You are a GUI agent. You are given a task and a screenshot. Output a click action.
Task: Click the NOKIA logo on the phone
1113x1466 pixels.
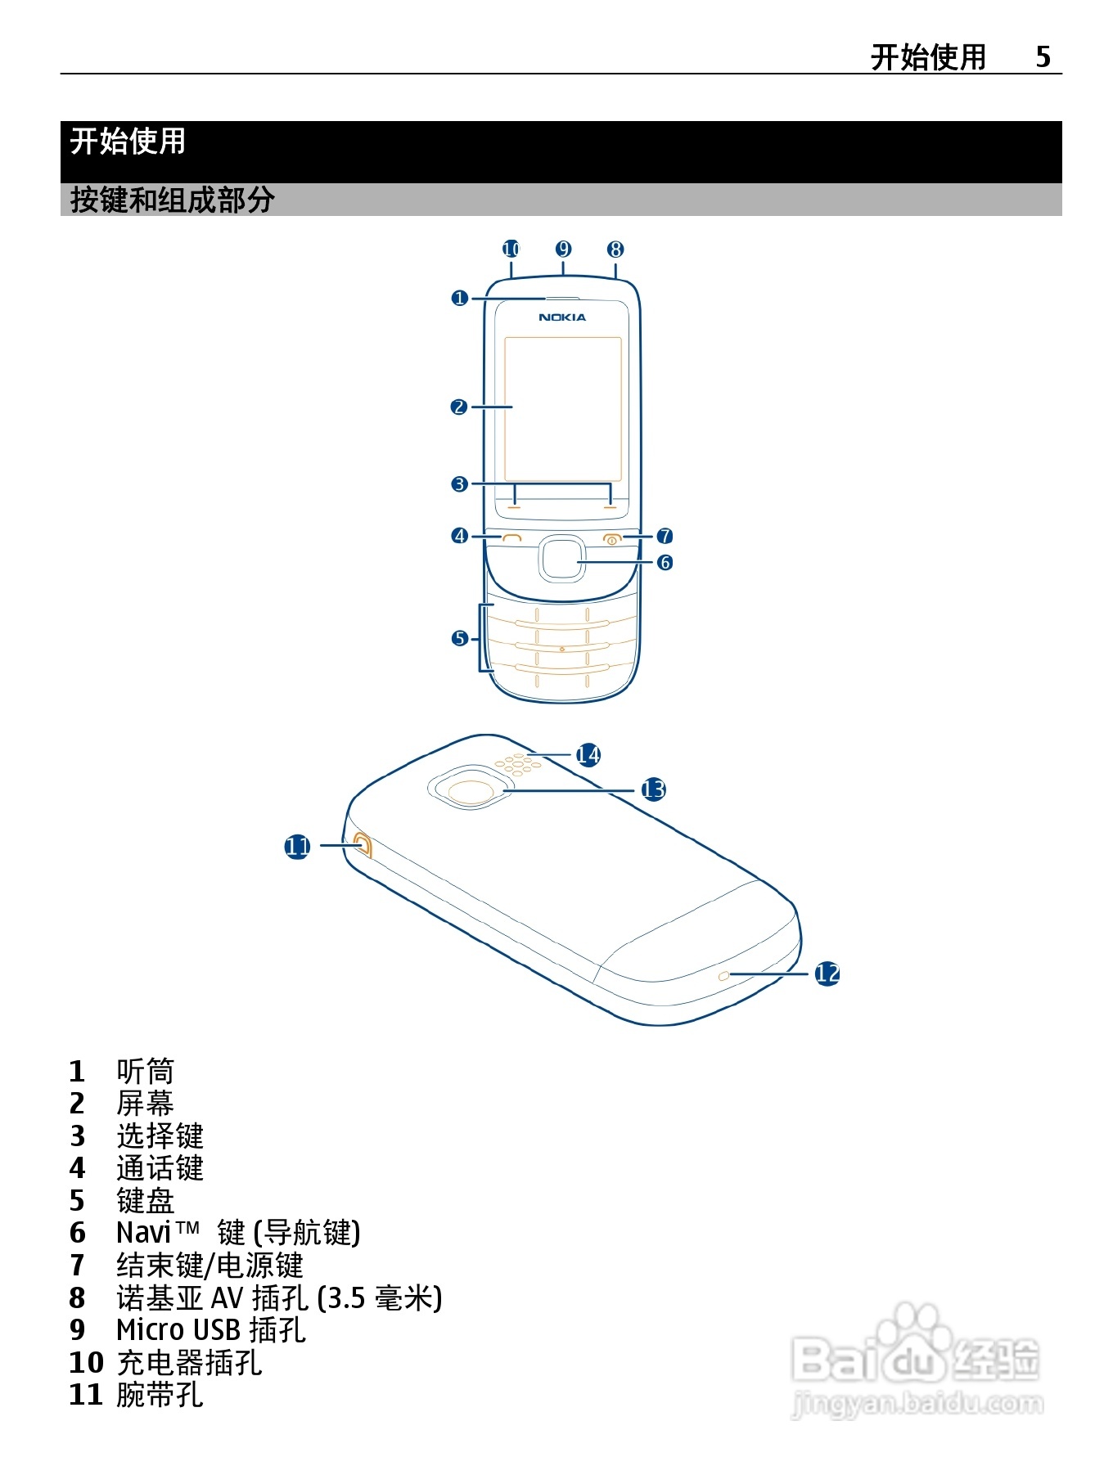(562, 317)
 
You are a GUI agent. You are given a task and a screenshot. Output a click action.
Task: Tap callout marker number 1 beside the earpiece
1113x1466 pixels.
(459, 298)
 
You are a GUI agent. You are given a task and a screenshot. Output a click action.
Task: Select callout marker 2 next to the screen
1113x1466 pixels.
(459, 407)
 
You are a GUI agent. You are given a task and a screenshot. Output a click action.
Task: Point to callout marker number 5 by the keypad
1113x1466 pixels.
(459, 638)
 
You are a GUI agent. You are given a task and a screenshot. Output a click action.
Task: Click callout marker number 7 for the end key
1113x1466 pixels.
(665, 536)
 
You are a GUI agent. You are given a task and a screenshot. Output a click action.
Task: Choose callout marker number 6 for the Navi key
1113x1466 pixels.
(665, 562)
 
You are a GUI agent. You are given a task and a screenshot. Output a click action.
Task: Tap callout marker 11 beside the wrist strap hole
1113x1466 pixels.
(297, 846)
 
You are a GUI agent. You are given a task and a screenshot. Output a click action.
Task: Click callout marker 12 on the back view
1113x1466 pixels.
(827, 974)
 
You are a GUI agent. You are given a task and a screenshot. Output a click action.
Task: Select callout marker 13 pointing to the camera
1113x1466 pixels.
(653, 789)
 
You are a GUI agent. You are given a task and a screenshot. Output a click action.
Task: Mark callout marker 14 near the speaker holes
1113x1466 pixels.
(588, 754)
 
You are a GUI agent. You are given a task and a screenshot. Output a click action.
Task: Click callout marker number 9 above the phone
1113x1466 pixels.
(563, 249)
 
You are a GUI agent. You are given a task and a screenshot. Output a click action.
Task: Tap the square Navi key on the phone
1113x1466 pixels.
(561, 559)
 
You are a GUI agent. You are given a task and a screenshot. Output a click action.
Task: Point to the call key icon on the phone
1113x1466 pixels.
(512, 537)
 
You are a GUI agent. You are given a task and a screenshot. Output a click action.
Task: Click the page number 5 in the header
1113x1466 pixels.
(1043, 56)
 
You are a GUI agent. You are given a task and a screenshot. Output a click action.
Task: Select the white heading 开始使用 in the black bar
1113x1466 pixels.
(128, 142)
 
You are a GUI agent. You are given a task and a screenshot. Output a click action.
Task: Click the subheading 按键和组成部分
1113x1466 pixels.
(172, 200)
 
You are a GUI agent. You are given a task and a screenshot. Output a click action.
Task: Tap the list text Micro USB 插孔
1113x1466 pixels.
(210, 1330)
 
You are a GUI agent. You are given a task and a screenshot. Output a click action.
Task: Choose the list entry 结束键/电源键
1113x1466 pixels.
(210, 1266)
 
